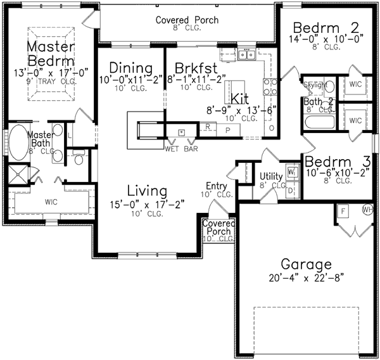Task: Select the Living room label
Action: [x=146, y=191]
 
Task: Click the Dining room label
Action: [x=131, y=68]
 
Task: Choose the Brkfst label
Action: [x=196, y=68]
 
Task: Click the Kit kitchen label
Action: [x=240, y=99]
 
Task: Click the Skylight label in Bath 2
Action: [x=316, y=84]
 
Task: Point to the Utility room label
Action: [x=271, y=176]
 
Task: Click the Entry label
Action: [x=216, y=186]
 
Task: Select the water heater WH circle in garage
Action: [x=366, y=210]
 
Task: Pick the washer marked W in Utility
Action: [x=291, y=171]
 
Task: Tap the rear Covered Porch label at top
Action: [x=187, y=20]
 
